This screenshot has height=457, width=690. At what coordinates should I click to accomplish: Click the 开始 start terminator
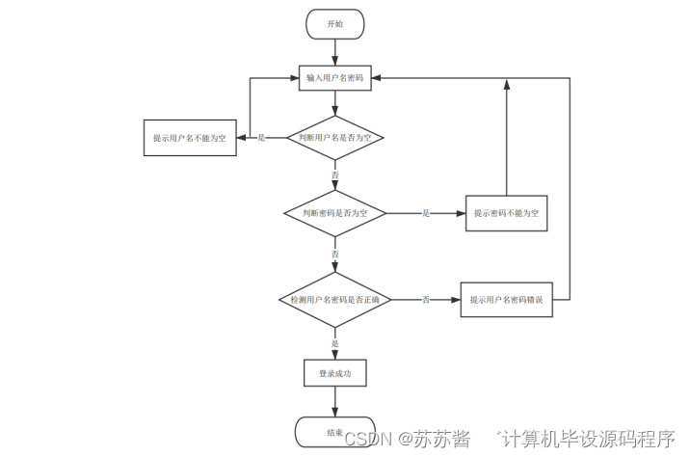tap(334, 23)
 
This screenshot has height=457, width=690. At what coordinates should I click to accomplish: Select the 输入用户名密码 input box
tap(334, 77)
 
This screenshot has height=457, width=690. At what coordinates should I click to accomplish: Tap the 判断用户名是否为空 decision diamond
tap(334, 138)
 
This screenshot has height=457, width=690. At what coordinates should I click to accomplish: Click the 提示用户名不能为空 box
tap(189, 138)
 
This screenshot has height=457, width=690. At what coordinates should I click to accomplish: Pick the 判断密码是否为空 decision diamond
tap(334, 212)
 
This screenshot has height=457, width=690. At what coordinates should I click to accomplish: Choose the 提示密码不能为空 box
tap(506, 212)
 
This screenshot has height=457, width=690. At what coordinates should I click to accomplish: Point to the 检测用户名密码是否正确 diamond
tap(334, 300)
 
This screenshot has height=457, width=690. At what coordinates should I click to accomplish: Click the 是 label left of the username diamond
tap(261, 138)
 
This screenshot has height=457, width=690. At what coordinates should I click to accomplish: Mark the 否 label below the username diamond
tap(335, 175)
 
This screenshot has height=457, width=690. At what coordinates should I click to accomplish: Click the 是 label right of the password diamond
tap(426, 212)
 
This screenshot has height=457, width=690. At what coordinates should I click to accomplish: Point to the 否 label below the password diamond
tap(335, 254)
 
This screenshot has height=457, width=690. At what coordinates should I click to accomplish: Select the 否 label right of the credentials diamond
tap(426, 300)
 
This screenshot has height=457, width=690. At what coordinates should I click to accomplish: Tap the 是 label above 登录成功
tap(335, 343)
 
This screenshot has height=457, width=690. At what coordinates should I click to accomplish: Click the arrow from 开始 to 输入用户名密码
tap(334, 52)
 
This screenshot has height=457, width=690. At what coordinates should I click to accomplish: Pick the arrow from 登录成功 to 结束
tap(334, 401)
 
